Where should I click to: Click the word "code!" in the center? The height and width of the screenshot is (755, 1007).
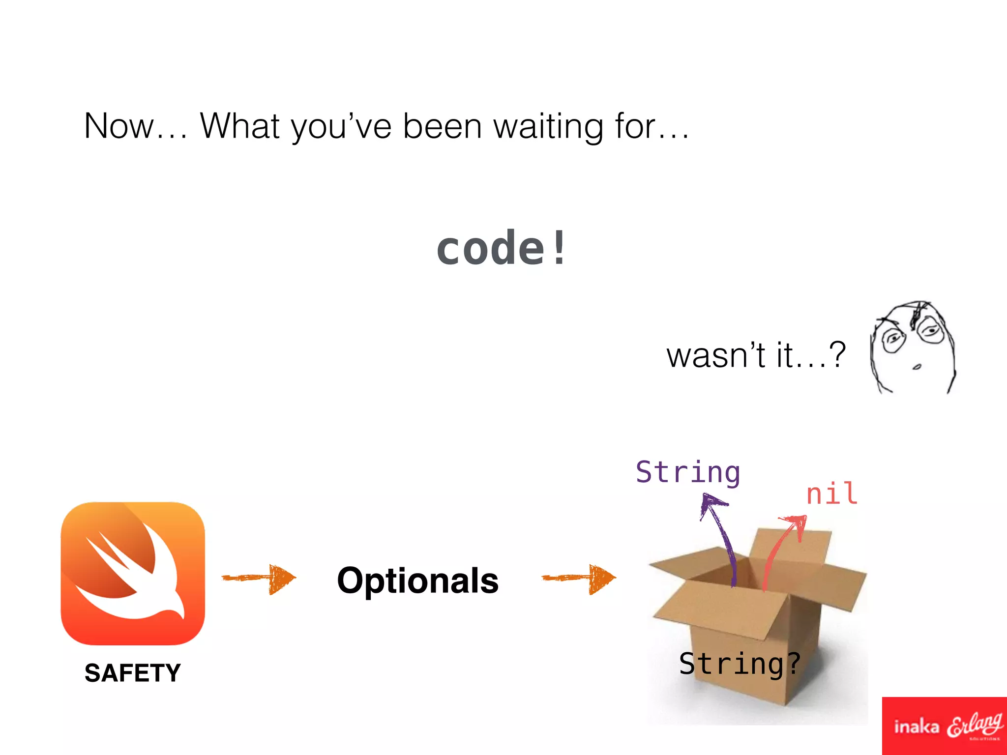501,248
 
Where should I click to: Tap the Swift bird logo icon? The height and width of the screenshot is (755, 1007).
133,573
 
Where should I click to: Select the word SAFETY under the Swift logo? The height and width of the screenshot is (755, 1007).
133,673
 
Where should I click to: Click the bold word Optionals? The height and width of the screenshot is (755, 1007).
418,581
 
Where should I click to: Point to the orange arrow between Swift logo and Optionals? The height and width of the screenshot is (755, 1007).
259,578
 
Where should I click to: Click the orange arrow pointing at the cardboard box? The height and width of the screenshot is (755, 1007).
579,579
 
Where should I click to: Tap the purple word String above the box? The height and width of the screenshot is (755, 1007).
687,473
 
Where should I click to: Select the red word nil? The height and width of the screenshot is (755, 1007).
832,494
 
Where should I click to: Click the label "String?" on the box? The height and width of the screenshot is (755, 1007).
740,664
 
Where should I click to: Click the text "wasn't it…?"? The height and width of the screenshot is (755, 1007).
756,355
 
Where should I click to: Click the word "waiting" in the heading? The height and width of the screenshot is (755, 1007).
548,127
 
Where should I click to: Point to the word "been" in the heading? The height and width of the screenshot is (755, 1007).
443,126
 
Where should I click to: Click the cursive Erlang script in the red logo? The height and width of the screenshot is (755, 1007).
975,725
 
